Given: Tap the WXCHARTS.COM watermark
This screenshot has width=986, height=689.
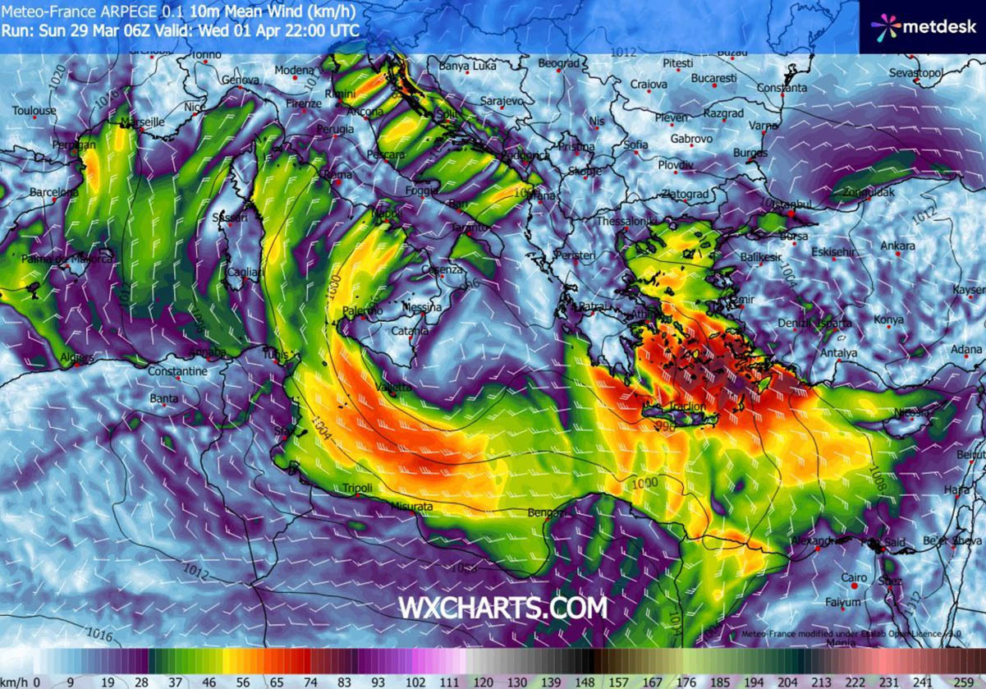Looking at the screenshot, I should (x=502, y=608).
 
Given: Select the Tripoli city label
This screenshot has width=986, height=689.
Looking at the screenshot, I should (x=358, y=489).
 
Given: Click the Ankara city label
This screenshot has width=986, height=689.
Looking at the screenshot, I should (x=897, y=246).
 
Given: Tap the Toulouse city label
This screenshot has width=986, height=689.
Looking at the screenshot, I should (x=34, y=111).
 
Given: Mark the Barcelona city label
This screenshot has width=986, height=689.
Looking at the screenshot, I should (x=54, y=192).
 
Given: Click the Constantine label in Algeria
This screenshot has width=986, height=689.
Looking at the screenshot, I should (x=177, y=372).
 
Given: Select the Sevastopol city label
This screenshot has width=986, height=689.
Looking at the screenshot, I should (x=915, y=74).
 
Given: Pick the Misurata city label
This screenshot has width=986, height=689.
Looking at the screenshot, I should (x=412, y=507).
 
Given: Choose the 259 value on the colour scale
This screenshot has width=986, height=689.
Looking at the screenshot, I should (x=972, y=681).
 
